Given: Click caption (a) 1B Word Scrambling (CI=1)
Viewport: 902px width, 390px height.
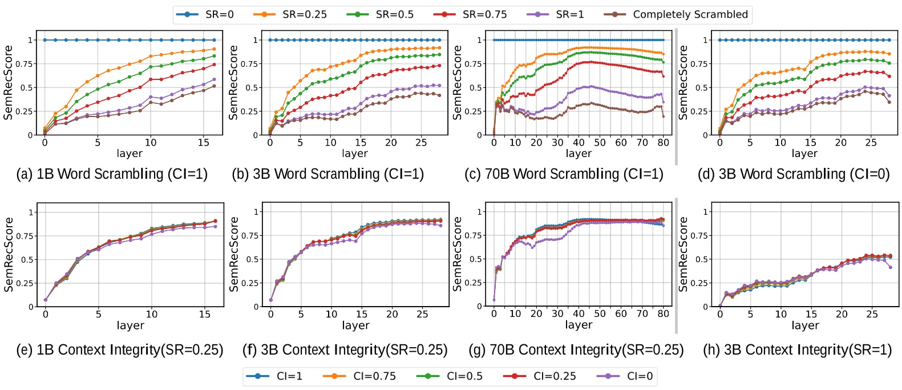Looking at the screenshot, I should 112,174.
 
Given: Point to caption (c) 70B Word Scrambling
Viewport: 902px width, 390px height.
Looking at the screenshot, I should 564,174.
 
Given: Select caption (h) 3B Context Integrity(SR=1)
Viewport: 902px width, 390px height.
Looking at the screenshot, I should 797,349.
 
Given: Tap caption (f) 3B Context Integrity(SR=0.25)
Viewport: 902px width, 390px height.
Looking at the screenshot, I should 345,349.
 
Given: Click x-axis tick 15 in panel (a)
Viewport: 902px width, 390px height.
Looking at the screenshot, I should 204,143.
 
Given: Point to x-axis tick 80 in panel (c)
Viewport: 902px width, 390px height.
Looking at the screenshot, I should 663,143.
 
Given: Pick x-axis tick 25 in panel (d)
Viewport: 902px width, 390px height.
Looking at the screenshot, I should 871,143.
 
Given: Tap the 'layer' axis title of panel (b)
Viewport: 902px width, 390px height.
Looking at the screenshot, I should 355,153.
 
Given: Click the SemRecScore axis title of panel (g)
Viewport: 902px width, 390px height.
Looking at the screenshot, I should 457,254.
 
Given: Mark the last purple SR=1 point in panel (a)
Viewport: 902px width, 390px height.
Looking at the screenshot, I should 214,80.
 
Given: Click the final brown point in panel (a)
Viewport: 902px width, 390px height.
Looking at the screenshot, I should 214,86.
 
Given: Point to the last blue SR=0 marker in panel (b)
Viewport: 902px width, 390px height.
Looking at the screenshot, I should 439,40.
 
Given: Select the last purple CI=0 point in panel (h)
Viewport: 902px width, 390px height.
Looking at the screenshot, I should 890,267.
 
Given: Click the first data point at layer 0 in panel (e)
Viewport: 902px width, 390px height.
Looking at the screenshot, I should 46,300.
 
